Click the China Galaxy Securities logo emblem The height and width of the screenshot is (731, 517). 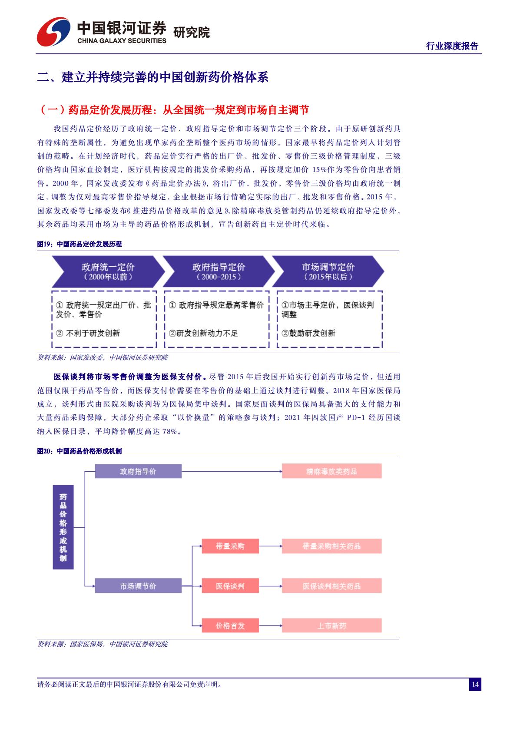coord(53,33)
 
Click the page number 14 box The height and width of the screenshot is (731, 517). coord(475,685)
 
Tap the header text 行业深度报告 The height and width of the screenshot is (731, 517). coord(452,46)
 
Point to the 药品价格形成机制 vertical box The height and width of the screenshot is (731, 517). coord(63,527)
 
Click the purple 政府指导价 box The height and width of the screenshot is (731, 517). coord(138,471)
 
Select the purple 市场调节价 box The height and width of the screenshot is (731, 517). coord(138,586)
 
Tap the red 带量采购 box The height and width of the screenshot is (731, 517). coord(230,546)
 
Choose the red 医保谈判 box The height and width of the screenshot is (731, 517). coord(230,586)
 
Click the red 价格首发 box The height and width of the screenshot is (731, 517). coord(230,626)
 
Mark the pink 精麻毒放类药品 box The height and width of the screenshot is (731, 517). coord(331,471)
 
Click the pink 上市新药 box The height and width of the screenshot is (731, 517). coord(331,626)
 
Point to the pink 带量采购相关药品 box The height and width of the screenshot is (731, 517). coord(331,546)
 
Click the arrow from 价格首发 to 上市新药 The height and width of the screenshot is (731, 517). coord(270,626)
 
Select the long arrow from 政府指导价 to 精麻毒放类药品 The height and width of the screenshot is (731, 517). coord(232,471)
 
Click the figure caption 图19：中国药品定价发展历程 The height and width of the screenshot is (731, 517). coord(80,244)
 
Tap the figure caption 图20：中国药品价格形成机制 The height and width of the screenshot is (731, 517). coord(80,451)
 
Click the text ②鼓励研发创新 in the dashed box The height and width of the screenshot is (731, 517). coord(308,333)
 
